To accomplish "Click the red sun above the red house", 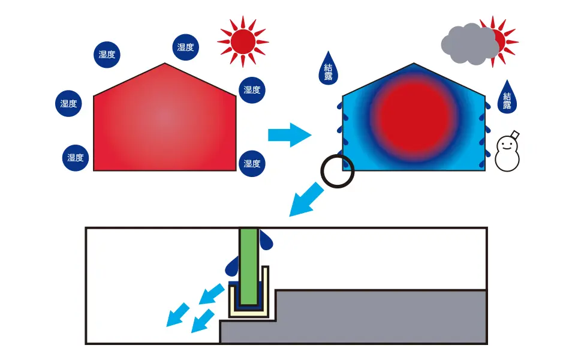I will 243,41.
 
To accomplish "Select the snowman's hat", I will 515,134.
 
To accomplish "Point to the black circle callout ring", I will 338,171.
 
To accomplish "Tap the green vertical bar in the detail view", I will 249,264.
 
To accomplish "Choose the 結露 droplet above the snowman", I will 507,96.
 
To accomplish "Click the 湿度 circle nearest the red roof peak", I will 186,47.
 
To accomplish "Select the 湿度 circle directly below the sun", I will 252,90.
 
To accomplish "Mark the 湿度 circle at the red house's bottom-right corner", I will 252,163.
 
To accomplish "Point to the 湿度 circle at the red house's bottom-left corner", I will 76,158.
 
